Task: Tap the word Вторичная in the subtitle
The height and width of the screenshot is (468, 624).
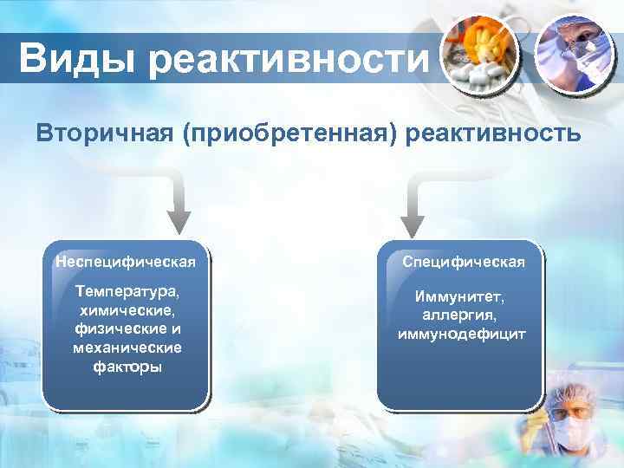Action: point(103,134)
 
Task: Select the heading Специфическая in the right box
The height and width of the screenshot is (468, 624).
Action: point(463,261)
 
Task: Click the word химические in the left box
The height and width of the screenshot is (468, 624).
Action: point(127,309)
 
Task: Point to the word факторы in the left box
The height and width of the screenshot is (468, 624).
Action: point(127,367)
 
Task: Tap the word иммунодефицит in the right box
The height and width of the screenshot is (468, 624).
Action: point(462,334)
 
